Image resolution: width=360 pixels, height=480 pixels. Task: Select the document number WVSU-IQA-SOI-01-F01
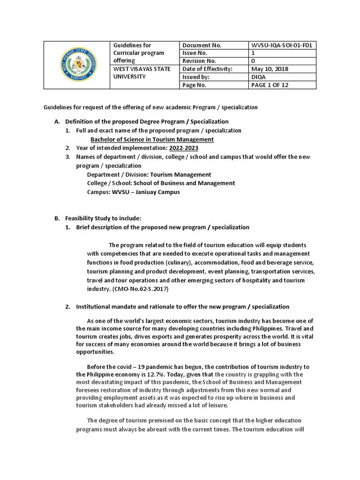tap(282, 45)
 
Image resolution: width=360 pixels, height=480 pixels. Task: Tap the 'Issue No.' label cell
tap(194, 53)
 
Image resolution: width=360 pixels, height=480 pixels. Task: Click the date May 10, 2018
tap(270, 69)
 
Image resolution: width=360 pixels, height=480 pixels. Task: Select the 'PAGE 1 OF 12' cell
tap(272, 85)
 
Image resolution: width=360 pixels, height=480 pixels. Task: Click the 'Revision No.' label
tap(199, 61)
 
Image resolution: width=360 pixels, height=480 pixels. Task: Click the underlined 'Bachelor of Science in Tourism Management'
tap(152, 139)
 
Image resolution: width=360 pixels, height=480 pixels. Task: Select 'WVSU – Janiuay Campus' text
tap(146, 192)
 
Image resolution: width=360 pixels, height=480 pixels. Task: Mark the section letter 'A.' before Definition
tap(58, 121)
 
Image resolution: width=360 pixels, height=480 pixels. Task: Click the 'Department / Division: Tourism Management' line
tap(149, 174)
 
